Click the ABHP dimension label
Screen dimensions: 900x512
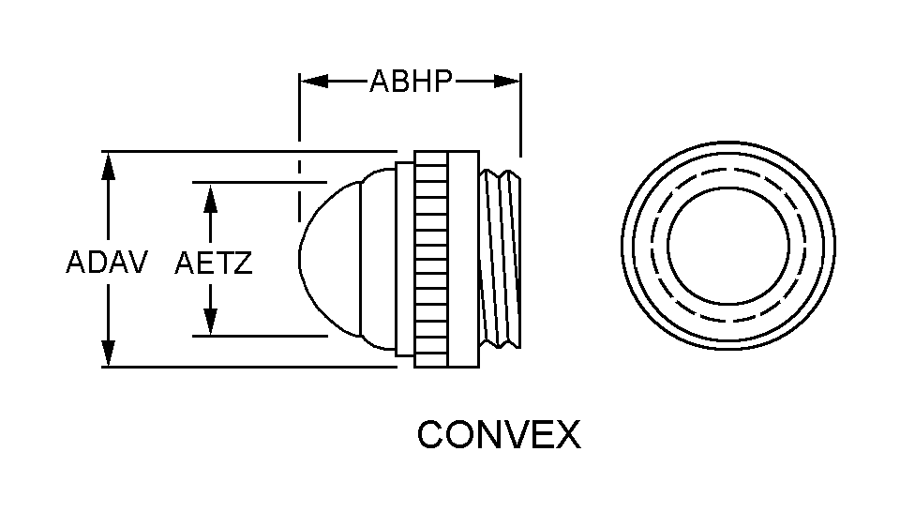pyautogui.click(x=411, y=81)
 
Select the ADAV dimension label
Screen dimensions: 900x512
pyautogui.click(x=107, y=263)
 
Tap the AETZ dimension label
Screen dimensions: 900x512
pyautogui.click(x=214, y=263)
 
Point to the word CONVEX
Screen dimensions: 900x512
pyautogui.click(x=499, y=434)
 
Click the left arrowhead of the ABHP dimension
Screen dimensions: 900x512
pyautogui.click(x=315, y=81)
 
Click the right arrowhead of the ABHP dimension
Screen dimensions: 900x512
pyautogui.click(x=506, y=81)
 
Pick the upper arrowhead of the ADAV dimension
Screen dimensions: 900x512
pyautogui.click(x=108, y=167)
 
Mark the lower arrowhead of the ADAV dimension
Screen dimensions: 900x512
pyautogui.click(x=108, y=353)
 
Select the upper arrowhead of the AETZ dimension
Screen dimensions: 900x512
pyautogui.click(x=211, y=198)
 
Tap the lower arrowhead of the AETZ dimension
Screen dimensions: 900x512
pyautogui.click(x=211, y=322)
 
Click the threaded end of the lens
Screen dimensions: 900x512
pyautogui.click(x=501, y=258)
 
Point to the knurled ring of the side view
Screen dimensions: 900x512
pyautogui.click(x=430, y=259)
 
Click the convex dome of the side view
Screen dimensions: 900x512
pyautogui.click(x=330, y=258)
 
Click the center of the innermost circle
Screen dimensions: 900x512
pyautogui.click(x=728, y=245)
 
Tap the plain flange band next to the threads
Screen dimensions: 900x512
pyautogui.click(x=463, y=259)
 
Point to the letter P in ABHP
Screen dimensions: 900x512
pyautogui.click(x=444, y=81)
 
